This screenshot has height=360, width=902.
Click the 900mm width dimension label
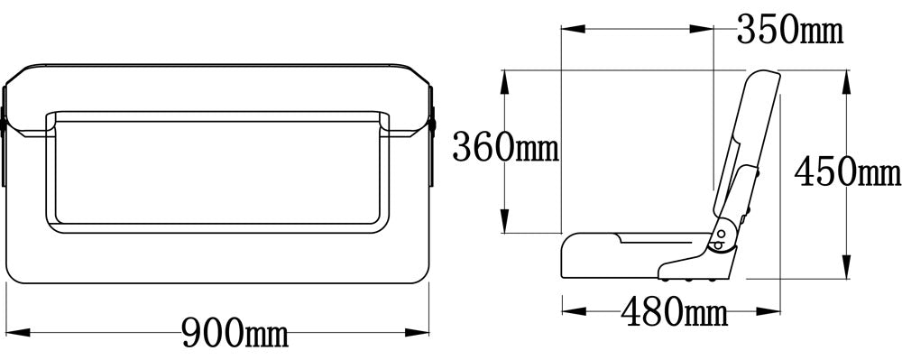pos(235,333)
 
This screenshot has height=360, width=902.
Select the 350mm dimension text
pos(790,30)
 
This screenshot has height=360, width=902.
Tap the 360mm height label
pos(506,147)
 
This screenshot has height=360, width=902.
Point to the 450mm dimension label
pos(847,172)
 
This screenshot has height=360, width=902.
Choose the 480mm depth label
pos(674,312)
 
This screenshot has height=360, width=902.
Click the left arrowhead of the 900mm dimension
pos(18,332)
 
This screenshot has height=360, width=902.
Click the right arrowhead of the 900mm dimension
pos(417,332)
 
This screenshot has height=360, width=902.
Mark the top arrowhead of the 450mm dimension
pos(846,82)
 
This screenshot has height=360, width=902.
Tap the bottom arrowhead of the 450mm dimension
pos(846,267)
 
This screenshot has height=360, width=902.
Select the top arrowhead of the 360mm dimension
pos(504,82)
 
